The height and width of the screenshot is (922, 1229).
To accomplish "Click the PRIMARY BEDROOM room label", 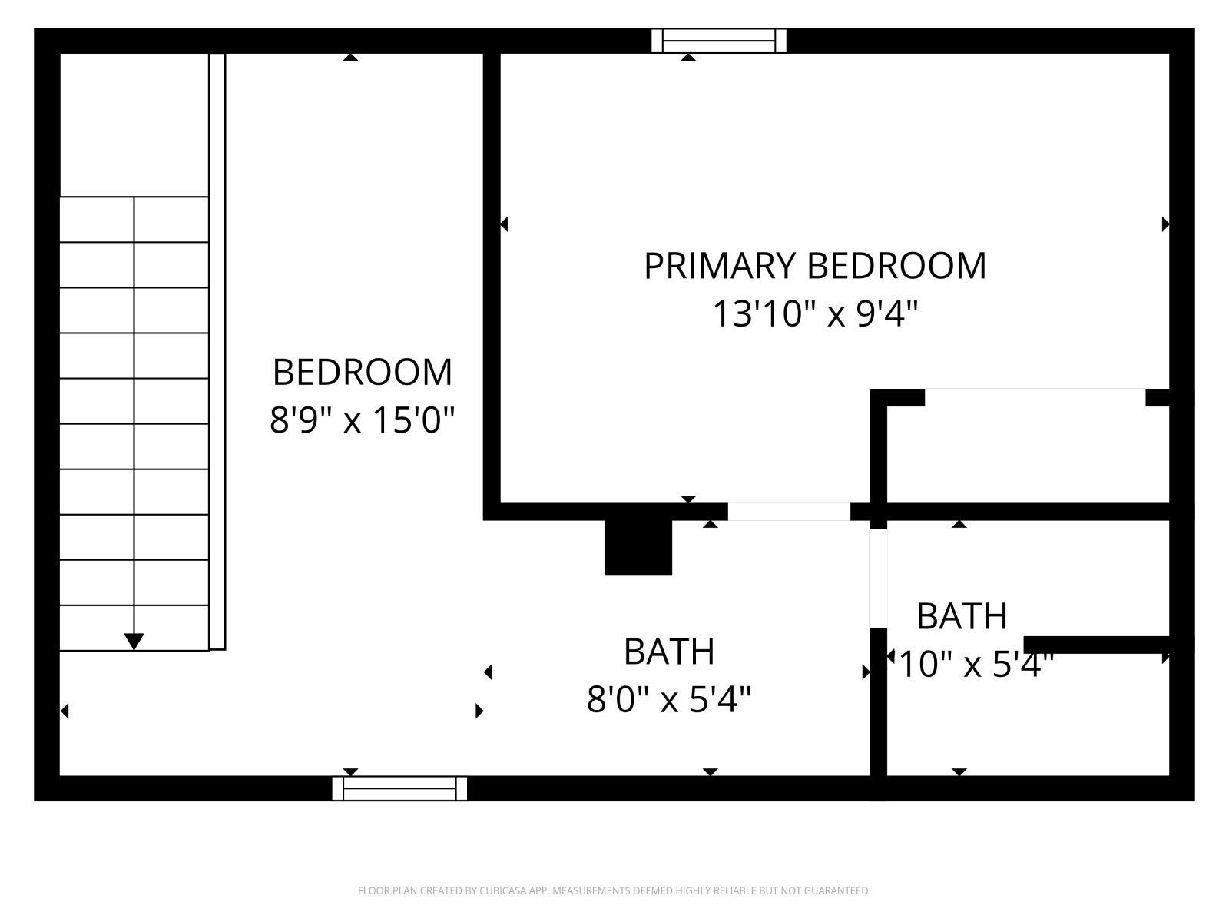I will [x=814, y=266].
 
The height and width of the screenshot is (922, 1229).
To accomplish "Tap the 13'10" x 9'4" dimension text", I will [x=815, y=314].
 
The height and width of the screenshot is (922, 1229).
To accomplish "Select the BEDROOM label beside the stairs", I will [x=362, y=372].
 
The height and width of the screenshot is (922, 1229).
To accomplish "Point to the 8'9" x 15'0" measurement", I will [x=362, y=420].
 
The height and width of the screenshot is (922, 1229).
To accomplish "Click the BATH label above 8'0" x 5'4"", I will [x=669, y=652].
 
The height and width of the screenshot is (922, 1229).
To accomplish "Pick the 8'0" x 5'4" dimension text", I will [x=669, y=700].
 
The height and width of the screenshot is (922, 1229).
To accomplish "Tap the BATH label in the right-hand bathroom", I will [x=962, y=616].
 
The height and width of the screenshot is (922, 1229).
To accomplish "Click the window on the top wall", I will [x=719, y=41].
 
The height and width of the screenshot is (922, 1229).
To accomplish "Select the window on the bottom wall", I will [x=399, y=788].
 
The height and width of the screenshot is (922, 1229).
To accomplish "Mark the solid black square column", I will [x=638, y=547].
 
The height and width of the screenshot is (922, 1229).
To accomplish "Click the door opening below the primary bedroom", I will [x=789, y=512].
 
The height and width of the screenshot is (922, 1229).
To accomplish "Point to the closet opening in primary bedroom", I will [x=1035, y=397].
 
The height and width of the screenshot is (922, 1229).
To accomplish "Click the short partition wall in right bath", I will [x=1097, y=645].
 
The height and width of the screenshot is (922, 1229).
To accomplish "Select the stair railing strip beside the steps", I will [x=217, y=351].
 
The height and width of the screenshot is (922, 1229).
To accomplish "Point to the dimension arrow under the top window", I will [x=688, y=57].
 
